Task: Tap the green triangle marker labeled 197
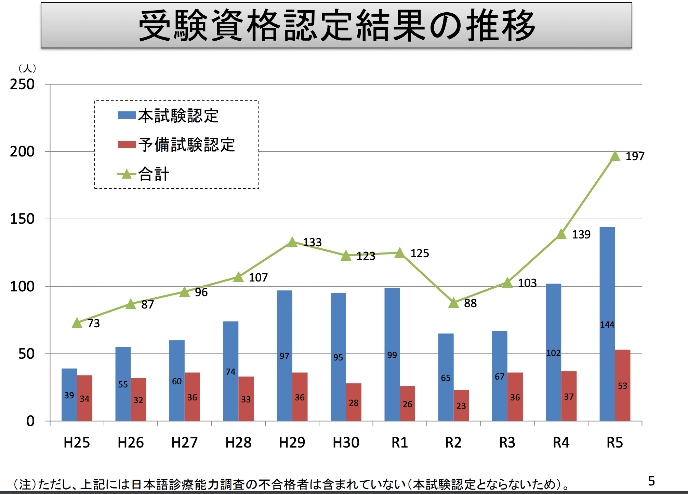click(615, 156)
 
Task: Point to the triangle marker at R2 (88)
click(453, 303)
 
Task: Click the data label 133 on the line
click(312, 242)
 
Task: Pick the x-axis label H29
click(292, 443)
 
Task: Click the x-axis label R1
click(399, 443)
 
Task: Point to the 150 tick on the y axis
click(22, 219)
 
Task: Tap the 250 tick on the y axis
click(22, 84)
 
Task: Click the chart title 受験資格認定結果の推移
click(336, 26)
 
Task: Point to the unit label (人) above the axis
click(27, 68)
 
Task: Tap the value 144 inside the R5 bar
click(607, 325)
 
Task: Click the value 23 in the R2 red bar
click(461, 406)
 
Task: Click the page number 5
click(651, 481)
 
